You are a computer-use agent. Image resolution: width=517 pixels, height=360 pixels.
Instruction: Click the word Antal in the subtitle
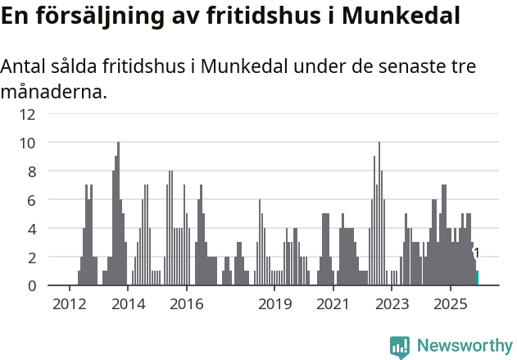click(x=23, y=66)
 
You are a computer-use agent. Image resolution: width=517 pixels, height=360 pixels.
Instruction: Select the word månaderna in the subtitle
click(x=53, y=91)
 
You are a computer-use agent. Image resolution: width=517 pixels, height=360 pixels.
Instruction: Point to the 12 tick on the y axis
click(x=28, y=114)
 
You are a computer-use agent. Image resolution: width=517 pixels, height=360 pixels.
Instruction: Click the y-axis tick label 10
click(x=28, y=143)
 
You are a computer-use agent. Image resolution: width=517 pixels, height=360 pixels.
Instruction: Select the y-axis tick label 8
click(x=31, y=171)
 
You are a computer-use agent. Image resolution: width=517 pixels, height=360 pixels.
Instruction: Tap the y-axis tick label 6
click(x=31, y=200)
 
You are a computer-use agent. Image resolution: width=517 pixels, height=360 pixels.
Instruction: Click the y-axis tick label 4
click(x=31, y=229)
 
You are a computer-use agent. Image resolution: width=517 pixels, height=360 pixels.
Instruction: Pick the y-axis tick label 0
click(x=31, y=285)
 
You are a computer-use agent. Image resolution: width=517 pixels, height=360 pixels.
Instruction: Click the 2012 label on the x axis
click(x=69, y=303)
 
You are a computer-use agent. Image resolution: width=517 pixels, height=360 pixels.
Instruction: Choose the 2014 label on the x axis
click(x=128, y=303)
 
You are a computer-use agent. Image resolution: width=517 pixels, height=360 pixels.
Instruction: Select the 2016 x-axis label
click(x=187, y=303)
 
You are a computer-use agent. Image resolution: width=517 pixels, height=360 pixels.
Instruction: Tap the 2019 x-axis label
click(x=274, y=303)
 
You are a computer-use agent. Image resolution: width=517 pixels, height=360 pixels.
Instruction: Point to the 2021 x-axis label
click(x=333, y=303)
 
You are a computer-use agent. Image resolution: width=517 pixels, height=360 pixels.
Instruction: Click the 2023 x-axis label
click(x=392, y=303)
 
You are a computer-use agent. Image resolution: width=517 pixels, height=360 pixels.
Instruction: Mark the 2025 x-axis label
click(x=451, y=303)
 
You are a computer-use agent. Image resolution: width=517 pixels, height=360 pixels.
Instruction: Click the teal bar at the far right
click(x=477, y=278)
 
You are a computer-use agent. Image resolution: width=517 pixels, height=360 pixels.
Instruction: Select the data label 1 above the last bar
click(x=476, y=253)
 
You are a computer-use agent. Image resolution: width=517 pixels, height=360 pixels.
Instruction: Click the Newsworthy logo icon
click(x=400, y=346)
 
